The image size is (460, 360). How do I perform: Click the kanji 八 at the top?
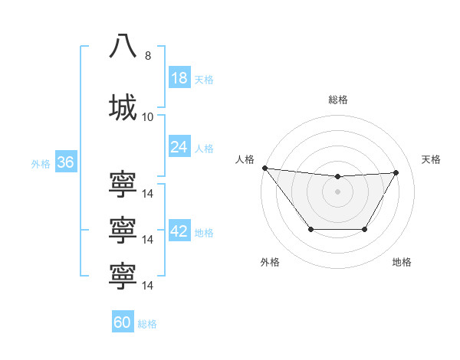pyautogui.click(x=123, y=46)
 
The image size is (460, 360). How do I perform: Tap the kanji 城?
pyautogui.click(x=123, y=107)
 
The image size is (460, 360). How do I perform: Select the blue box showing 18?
pyautogui.click(x=179, y=78)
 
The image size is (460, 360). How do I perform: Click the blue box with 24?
pyautogui.click(x=179, y=146)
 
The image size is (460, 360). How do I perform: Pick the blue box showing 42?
pyautogui.click(x=179, y=231)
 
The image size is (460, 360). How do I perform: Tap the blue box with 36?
pyautogui.click(x=65, y=162)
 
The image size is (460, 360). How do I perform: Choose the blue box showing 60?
pyautogui.click(x=123, y=322)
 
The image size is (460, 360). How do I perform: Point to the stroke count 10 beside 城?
pyautogui.click(x=147, y=117)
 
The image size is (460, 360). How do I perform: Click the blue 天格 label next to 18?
pyautogui.click(x=204, y=80)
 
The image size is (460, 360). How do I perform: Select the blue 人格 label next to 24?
pyautogui.click(x=204, y=148)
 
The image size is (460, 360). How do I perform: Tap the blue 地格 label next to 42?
pyautogui.click(x=204, y=233)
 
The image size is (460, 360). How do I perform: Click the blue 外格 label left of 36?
pyautogui.click(x=41, y=163)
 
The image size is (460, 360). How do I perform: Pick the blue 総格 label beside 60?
pyautogui.click(x=147, y=324)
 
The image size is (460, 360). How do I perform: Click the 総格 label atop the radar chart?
pyautogui.click(x=337, y=100)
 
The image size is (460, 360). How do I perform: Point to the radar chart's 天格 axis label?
pyautogui.click(x=431, y=159)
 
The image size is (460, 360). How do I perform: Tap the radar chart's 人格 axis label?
pyautogui.click(x=245, y=159)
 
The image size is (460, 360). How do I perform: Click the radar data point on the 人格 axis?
pyautogui.click(x=264, y=168)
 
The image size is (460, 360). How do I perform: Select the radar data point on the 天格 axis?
pyautogui.click(x=396, y=172)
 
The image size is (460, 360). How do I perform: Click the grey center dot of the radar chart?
pyautogui.click(x=337, y=191)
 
